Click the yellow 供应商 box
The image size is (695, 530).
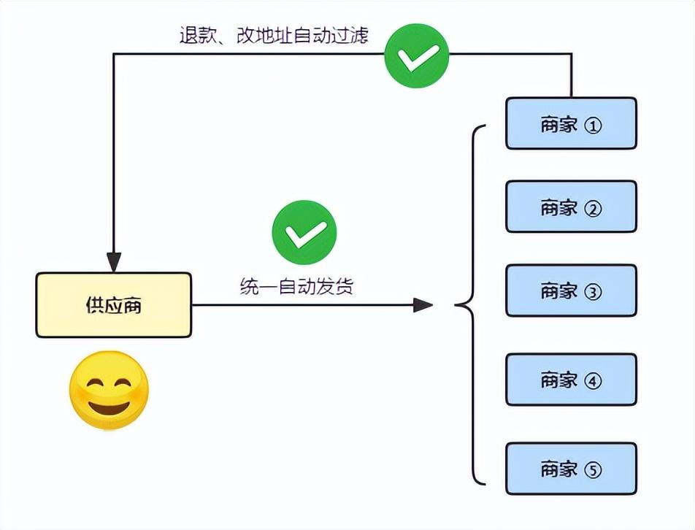pos(113,305)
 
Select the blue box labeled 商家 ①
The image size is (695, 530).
pos(571,123)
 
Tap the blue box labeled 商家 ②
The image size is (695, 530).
pos(571,207)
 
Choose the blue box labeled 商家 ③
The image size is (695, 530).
pos(571,290)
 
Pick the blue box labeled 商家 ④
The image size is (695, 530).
pos(571,379)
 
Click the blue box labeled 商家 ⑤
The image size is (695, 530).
pos(571,468)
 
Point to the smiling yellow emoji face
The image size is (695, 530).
pos(109,391)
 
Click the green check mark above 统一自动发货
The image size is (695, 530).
pos(304,233)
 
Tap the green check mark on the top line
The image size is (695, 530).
pos(417,55)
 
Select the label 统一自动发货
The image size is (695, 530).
pos(296,286)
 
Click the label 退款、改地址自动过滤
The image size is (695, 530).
pos(274,36)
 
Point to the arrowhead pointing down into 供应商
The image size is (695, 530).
pos(114,261)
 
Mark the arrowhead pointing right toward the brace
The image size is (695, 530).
pos(423,305)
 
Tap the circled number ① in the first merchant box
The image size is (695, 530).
pos(593,125)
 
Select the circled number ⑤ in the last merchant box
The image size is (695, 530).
pos(593,469)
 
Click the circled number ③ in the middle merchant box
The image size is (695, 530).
pos(593,291)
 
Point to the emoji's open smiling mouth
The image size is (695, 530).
pos(109,405)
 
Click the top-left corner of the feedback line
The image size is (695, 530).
pos(114,54)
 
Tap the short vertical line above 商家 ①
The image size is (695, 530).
pos(571,76)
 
